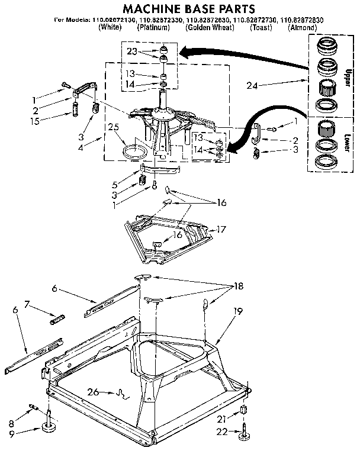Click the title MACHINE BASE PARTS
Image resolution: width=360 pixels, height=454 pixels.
coord(180,8)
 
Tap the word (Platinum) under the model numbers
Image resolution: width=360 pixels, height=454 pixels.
coord(155,28)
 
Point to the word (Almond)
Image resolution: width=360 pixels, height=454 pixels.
coord(303,28)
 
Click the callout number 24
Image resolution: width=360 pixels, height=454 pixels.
coord(253,85)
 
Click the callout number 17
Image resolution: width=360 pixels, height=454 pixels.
coord(221,229)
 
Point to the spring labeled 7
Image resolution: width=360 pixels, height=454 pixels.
coord(57,320)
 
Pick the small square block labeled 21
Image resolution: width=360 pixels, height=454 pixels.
coord(244,411)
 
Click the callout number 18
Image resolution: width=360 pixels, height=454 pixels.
coord(238,286)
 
